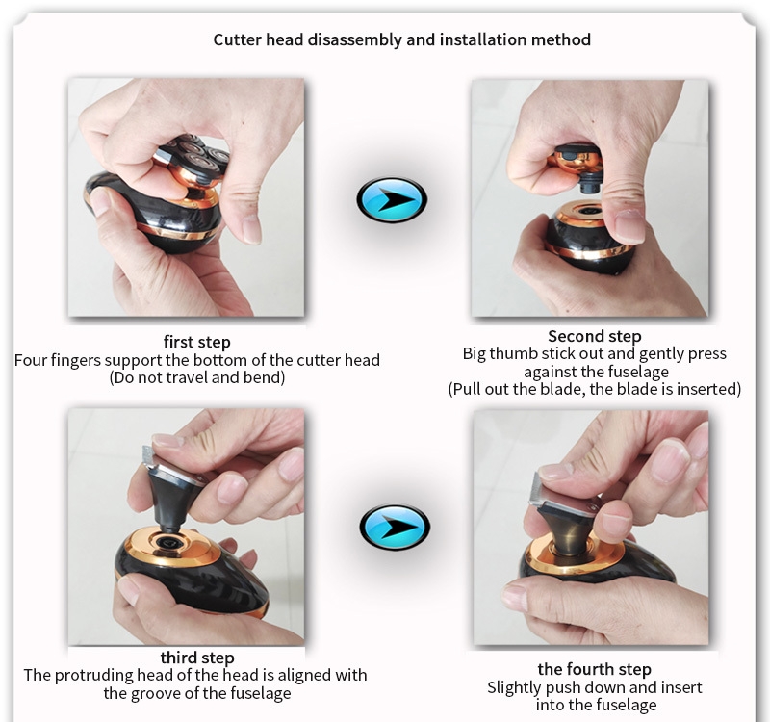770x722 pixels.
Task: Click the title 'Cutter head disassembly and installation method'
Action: click(x=401, y=39)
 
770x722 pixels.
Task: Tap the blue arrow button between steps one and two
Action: click(x=392, y=200)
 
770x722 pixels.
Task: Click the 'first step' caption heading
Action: click(x=196, y=342)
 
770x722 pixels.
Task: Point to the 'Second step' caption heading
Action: click(x=594, y=336)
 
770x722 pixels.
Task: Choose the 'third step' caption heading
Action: click(x=197, y=658)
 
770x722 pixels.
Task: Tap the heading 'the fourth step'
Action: click(x=594, y=669)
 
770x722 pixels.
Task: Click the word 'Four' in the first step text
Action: click(x=31, y=360)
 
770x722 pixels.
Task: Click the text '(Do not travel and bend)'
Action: click(x=197, y=377)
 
